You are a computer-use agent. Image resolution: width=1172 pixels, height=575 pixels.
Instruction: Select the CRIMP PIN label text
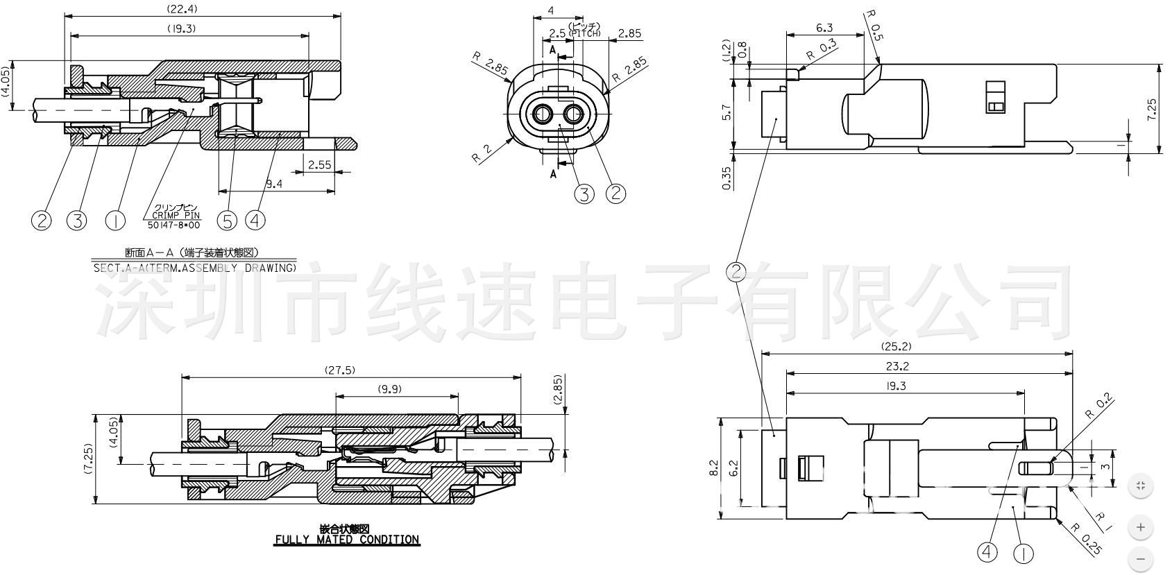(x=175, y=216)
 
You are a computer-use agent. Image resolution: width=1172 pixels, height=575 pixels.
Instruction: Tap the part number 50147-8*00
(x=173, y=225)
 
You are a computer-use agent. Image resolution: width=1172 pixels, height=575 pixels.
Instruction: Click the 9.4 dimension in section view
(x=274, y=184)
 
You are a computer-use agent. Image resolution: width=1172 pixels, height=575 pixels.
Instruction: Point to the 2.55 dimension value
(x=319, y=165)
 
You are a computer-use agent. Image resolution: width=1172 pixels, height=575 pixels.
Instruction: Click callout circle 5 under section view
(x=227, y=221)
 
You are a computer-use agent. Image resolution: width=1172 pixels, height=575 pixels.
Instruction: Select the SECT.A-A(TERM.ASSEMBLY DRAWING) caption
(x=194, y=268)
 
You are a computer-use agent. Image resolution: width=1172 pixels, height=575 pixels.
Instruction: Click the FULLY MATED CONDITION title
(x=347, y=540)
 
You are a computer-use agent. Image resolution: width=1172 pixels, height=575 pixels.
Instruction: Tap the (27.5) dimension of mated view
(x=340, y=370)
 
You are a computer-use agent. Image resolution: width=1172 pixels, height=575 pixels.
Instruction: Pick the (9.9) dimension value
(x=390, y=389)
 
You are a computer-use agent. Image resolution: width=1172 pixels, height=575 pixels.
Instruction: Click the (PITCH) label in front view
(x=584, y=33)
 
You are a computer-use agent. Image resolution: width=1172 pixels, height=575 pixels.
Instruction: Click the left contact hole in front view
(x=542, y=114)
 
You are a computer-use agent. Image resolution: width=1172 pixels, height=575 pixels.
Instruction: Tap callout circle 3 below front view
(x=584, y=194)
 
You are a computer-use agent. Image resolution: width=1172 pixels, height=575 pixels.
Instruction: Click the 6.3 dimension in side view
(x=824, y=28)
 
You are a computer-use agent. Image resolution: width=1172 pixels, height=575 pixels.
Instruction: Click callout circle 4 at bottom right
(x=987, y=553)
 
